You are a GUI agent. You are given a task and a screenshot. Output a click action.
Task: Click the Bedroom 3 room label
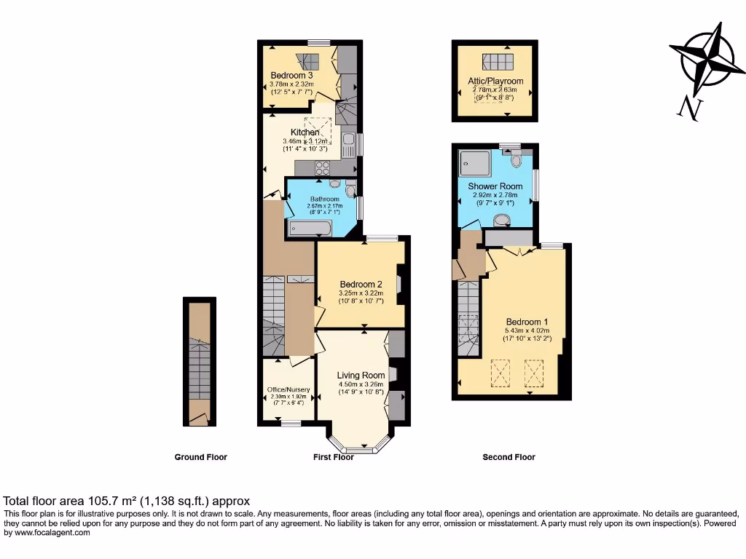pos(291,75)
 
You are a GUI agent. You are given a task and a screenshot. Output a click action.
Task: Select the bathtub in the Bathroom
pos(310,229)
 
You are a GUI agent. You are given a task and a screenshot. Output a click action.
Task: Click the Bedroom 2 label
pos(361,285)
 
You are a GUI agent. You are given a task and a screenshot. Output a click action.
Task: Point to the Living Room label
pos(361,376)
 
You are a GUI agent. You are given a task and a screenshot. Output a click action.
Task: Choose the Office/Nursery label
pos(288,390)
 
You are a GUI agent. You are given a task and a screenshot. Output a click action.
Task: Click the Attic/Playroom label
pos(495,82)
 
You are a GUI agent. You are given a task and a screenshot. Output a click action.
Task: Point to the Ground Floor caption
pos(200,457)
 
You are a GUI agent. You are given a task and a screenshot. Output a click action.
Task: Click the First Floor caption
pos(334,457)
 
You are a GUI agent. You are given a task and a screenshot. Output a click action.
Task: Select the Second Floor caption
pos(509,457)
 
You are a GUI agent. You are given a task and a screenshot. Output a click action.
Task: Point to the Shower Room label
pos(495,186)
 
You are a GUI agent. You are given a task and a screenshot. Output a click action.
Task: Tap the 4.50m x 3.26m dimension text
pos(361,384)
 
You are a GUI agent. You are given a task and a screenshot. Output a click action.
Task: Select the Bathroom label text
pos(325,199)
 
